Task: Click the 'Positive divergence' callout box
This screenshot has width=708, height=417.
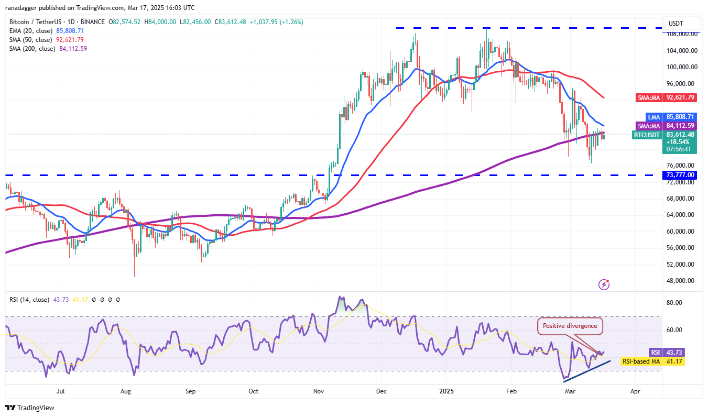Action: coord(570,326)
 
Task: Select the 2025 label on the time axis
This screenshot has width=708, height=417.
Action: coord(446,391)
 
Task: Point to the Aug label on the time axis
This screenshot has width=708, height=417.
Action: coord(125,391)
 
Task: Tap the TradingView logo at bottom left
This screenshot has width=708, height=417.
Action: coord(30,408)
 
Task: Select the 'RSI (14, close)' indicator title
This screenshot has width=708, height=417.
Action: coord(29,300)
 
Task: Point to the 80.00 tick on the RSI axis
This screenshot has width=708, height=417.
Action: coord(674,303)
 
